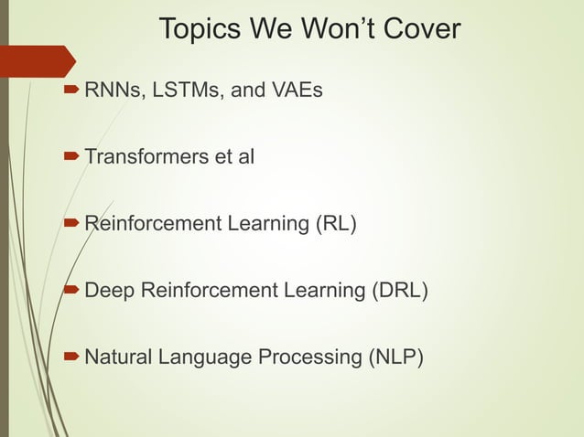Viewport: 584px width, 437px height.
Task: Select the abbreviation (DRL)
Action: pos(399,291)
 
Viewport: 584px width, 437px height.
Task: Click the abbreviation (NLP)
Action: pos(395,357)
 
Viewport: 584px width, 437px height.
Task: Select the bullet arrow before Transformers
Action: pos(71,157)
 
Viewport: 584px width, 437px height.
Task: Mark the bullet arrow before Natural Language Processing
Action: pos(71,357)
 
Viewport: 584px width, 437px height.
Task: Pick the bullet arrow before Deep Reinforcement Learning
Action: pos(71,291)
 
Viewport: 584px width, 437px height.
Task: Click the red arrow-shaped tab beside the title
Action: pos(37,60)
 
